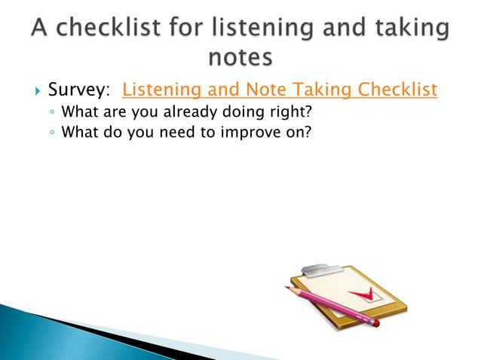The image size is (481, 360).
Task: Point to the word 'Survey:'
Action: click(x=78, y=91)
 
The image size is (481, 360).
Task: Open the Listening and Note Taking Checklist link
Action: click(x=279, y=91)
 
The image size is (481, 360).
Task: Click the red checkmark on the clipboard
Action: click(x=359, y=293)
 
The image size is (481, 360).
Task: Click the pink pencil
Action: click(x=332, y=305)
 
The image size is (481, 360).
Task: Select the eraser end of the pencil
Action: click(x=375, y=322)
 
